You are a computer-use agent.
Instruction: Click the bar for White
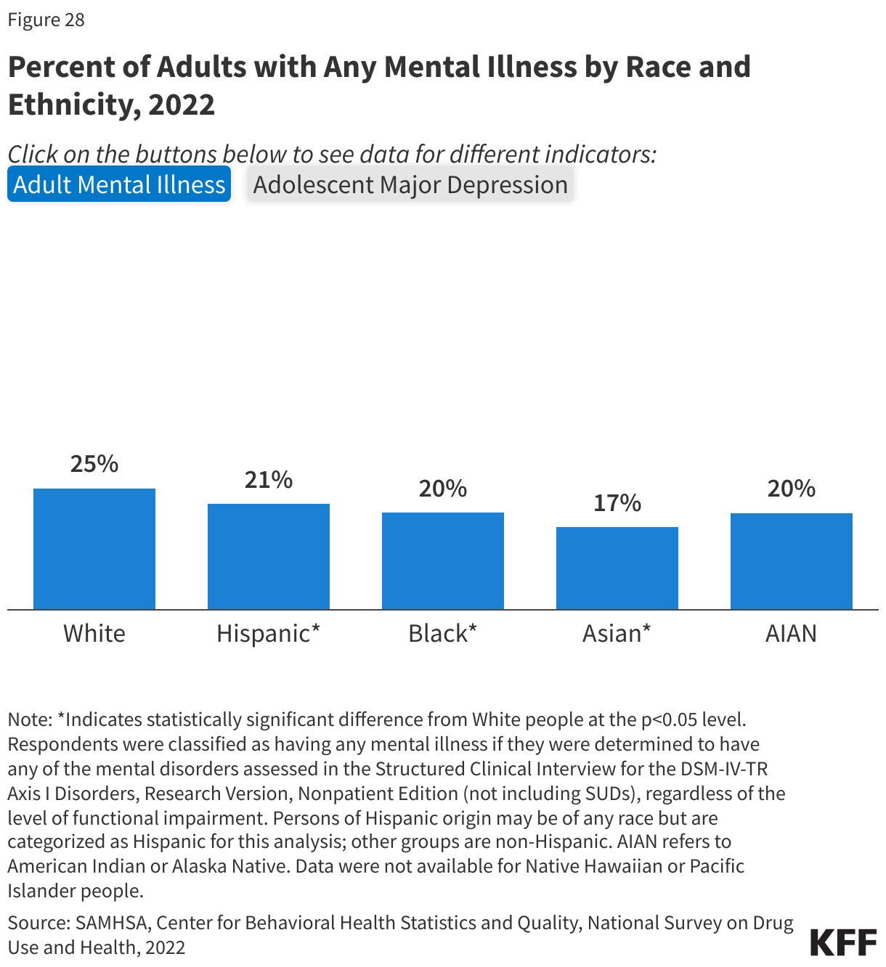pos(94,549)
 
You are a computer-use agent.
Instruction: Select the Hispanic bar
pos(269,556)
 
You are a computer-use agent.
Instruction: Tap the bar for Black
pos(443,560)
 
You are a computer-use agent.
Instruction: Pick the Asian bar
pos(617,568)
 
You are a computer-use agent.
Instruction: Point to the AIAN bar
pos(792,560)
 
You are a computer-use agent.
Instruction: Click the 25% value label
pos(94,464)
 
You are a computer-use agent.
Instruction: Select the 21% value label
pos(269,480)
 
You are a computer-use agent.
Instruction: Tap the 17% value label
pos(617,503)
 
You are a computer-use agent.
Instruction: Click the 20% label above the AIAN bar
pos(792,489)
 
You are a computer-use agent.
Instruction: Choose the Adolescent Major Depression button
pos(410,184)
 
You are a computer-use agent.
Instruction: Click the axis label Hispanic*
pos(269,633)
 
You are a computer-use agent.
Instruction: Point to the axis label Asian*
pos(617,633)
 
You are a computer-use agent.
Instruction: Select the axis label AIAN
pos(792,633)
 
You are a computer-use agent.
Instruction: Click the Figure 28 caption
pos(46,20)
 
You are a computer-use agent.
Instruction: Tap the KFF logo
pos(843,942)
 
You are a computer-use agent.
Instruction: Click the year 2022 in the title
pos(182,105)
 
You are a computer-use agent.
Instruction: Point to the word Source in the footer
pos(37,923)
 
